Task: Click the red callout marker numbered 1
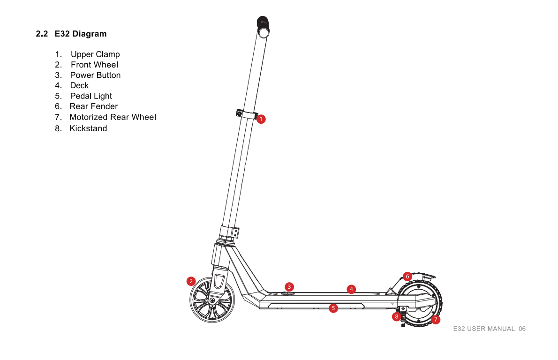tap(261, 119)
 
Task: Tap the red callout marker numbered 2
tap(191, 281)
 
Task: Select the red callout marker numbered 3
tap(289, 287)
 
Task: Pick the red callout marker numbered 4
tap(351, 289)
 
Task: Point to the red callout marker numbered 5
tap(333, 308)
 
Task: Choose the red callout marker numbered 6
tap(407, 277)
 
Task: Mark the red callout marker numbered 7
tap(436, 319)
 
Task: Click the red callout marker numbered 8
tap(396, 316)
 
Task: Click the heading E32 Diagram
tap(81, 34)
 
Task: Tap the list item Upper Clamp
tap(95, 54)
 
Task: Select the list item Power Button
tap(95, 75)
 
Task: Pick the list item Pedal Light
tap(91, 96)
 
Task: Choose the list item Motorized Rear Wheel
tap(113, 117)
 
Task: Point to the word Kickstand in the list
tap(88, 128)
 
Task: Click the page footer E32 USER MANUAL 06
tap(490, 329)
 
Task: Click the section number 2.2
tap(42, 34)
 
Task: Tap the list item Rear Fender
tap(94, 106)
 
